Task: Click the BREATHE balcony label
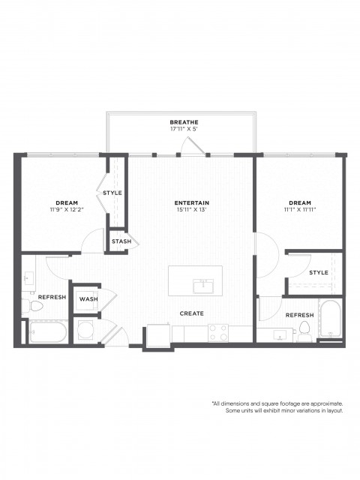184,122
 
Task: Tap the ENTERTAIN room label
192,202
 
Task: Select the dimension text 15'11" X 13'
192,210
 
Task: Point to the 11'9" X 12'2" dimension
67,210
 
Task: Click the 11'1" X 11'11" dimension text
300,210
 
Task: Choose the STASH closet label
121,241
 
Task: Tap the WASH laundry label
88,298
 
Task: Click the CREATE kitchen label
192,313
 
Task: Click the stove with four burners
218,333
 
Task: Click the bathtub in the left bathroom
48,331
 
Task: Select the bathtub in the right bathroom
330,318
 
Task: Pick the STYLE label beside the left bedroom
112,193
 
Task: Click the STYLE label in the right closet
319,272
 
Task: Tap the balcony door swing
193,145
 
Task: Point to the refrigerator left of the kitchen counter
158,335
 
